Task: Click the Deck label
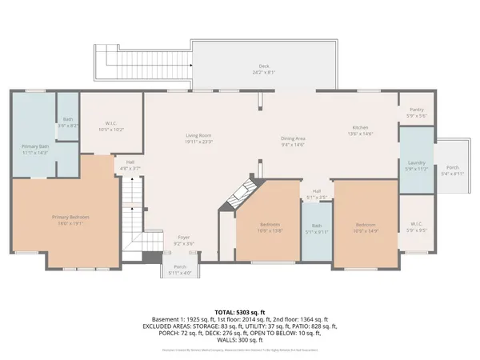[263, 68]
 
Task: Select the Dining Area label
[294, 141]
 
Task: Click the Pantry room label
[416, 112]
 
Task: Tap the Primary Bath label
[32, 149]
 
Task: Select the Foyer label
[183, 239]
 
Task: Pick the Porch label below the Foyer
[180, 270]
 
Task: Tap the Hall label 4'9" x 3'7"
[130, 165]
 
